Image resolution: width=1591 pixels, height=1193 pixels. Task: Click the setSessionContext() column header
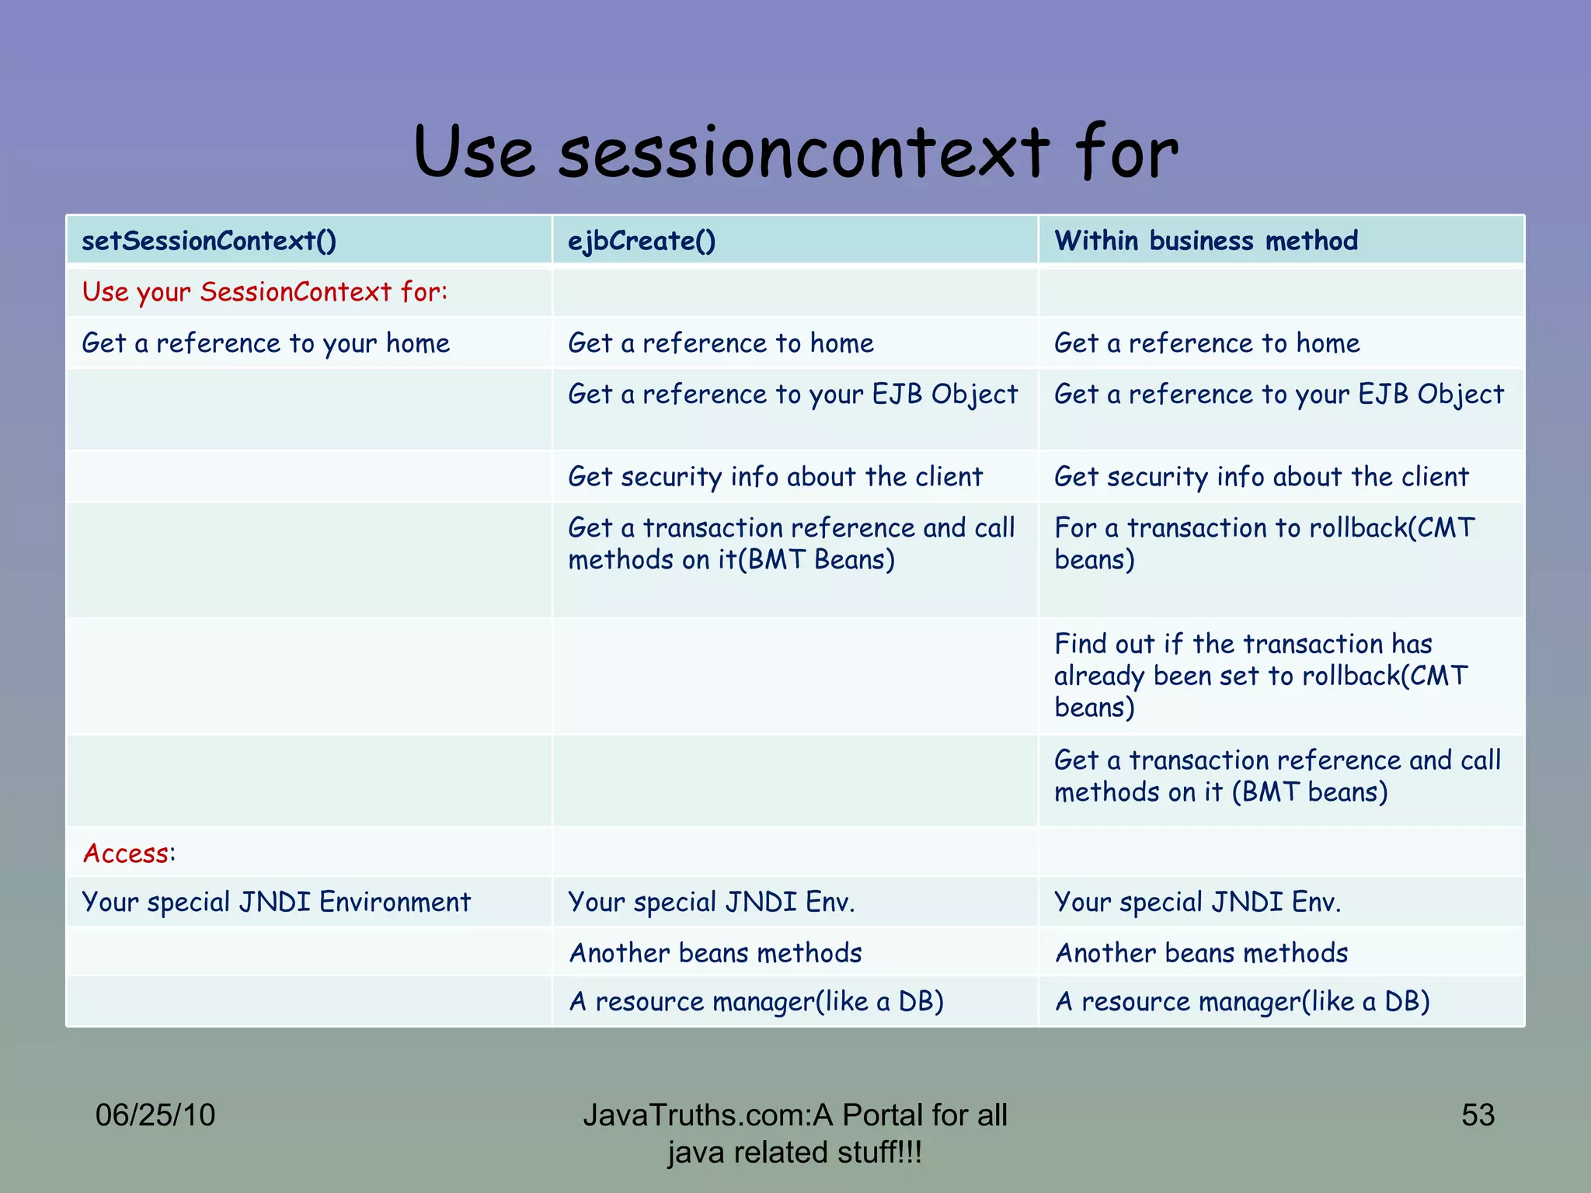pyautogui.click(x=209, y=241)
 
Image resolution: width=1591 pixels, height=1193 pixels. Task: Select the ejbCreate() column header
pyautogui.click(x=642, y=241)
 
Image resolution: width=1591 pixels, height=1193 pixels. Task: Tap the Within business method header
pyautogui.click(x=1206, y=241)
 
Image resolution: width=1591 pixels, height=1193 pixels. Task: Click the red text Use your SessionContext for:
pyautogui.click(x=265, y=292)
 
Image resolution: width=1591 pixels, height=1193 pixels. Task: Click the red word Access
pyautogui.click(x=125, y=853)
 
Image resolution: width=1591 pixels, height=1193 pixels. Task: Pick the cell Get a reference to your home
pyautogui.click(x=266, y=343)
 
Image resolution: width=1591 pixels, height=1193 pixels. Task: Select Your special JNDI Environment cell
pyautogui.click(x=276, y=902)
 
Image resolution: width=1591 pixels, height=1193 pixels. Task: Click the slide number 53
pyautogui.click(x=1478, y=1115)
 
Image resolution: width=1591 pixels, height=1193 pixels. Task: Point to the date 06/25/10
pyautogui.click(x=155, y=1115)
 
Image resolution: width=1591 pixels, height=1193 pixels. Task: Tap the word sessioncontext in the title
pyautogui.click(x=804, y=152)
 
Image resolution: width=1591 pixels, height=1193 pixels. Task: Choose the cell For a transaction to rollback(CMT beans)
pyautogui.click(x=1264, y=544)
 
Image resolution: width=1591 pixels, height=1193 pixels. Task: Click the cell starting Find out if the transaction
pyautogui.click(x=1260, y=675)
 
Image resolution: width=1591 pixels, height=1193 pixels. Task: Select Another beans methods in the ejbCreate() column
pyautogui.click(x=715, y=953)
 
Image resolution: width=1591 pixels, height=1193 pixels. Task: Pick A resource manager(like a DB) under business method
pyautogui.click(x=1241, y=1002)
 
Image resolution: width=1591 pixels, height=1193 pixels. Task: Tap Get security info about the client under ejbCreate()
pyautogui.click(x=775, y=476)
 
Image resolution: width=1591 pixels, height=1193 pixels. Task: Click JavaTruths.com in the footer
pyautogui.click(x=695, y=1115)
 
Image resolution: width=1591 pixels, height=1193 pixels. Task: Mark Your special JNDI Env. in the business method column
pyautogui.click(x=1197, y=902)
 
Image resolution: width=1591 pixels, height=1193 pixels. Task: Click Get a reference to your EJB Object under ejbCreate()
pyautogui.click(x=792, y=395)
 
